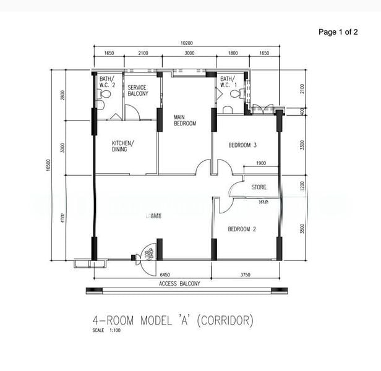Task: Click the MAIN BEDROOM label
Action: click(x=184, y=120)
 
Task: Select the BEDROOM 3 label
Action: click(x=242, y=145)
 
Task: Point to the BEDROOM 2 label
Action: click(x=242, y=229)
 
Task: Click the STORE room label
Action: click(x=259, y=186)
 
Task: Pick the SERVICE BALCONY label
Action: click(x=138, y=91)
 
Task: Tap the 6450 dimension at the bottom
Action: click(x=165, y=274)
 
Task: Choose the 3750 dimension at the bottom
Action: click(x=246, y=274)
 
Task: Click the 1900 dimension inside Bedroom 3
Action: click(x=260, y=163)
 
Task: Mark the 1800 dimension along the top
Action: click(x=233, y=54)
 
